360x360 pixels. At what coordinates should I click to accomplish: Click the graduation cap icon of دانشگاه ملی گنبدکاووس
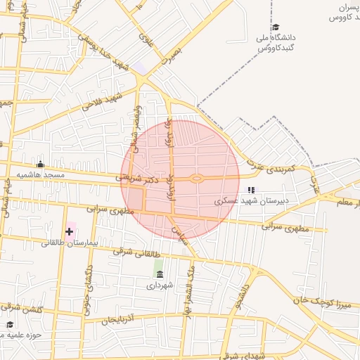(274, 27)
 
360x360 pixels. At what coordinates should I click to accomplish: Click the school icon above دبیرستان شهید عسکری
(251, 190)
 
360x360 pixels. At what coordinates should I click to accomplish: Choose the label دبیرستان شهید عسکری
(257, 200)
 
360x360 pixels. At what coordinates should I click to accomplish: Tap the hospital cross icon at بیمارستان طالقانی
(69, 231)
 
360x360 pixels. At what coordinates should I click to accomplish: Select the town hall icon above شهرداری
(159, 274)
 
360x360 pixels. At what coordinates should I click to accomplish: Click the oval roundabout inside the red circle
(197, 179)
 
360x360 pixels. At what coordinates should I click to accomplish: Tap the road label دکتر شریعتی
(138, 179)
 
